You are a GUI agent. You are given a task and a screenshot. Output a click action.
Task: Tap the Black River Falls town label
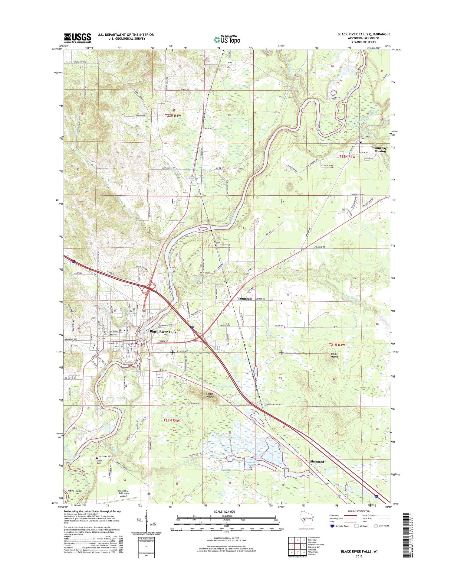163,332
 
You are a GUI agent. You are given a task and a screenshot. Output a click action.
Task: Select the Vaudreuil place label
244,298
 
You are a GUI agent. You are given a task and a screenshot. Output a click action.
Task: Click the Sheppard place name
317,462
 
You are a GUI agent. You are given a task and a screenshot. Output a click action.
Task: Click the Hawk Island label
73,491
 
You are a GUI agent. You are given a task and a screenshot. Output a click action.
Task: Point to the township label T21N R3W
337,345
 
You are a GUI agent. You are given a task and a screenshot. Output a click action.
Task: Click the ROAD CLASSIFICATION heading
359,511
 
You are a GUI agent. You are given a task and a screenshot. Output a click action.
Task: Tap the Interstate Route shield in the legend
332,526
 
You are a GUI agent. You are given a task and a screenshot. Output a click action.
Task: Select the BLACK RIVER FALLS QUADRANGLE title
364,34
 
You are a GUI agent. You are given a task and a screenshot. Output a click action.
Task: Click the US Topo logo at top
227,39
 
